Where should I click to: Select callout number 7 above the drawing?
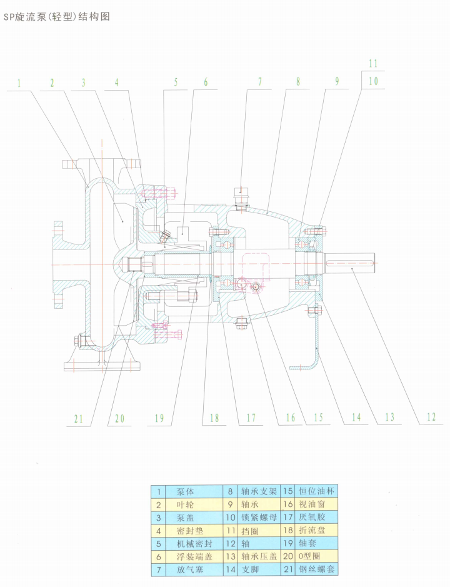click(259, 82)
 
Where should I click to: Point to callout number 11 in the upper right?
click(373, 64)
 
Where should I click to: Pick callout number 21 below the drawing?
click(78, 419)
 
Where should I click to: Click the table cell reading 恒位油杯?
click(317, 491)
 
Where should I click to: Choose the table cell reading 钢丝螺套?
click(317, 569)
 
